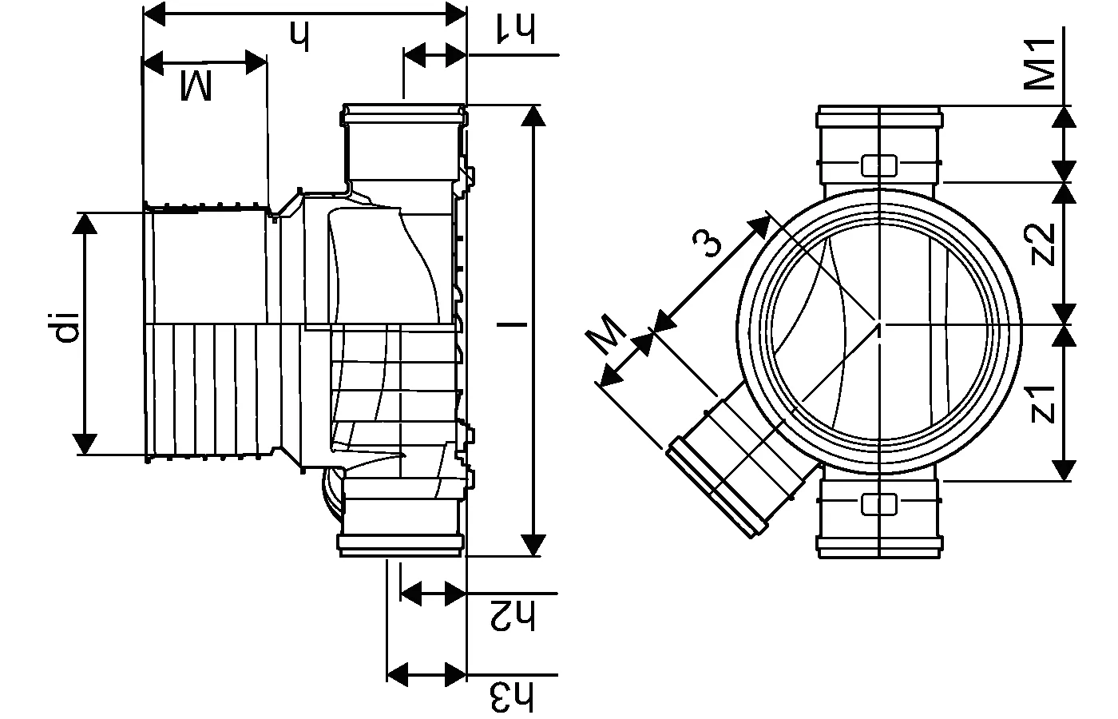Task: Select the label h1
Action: (x=516, y=26)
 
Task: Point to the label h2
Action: (x=513, y=616)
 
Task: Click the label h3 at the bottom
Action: (x=513, y=696)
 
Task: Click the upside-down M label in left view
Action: (x=196, y=85)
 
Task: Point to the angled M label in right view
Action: (x=609, y=335)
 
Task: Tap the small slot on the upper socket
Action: (x=878, y=165)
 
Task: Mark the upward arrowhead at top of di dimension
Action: (x=85, y=224)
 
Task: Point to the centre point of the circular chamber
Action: (x=878, y=324)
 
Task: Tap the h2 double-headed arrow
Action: (x=433, y=594)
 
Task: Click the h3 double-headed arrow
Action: (x=426, y=673)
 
